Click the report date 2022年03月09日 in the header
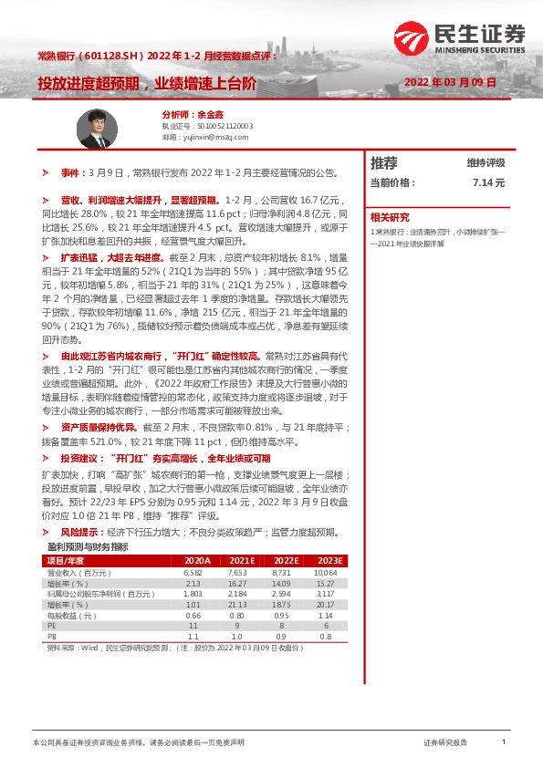(450, 82)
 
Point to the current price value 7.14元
(488, 182)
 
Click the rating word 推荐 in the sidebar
(384, 163)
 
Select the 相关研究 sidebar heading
(390, 217)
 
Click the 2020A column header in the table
(197, 560)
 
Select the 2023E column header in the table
(329, 560)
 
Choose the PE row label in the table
(52, 627)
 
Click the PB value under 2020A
(193, 638)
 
